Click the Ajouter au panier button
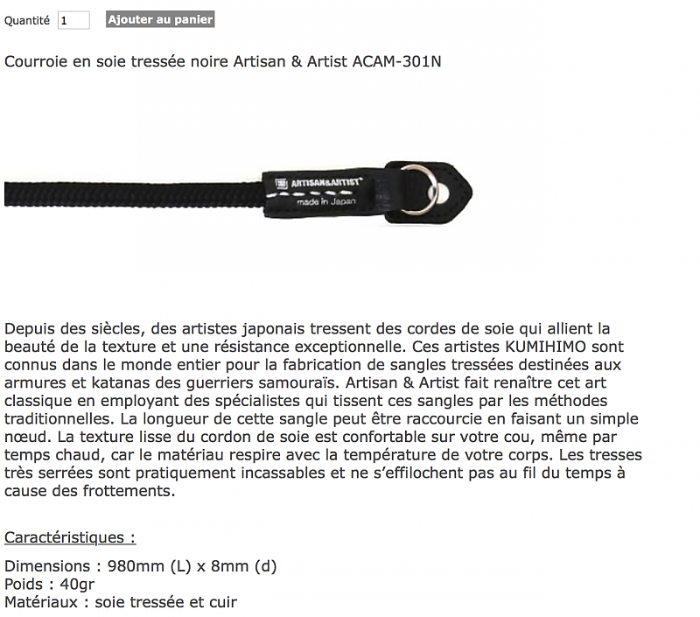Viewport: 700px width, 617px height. pyautogui.click(x=160, y=19)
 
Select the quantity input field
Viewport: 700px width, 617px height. pyautogui.click(x=73, y=20)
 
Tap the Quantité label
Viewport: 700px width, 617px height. pyautogui.click(x=27, y=20)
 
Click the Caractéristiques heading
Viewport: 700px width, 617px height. pyautogui.click(x=70, y=537)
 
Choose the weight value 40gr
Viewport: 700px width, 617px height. pyautogui.click(x=75, y=584)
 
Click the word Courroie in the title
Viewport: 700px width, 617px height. pyautogui.click(x=35, y=61)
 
